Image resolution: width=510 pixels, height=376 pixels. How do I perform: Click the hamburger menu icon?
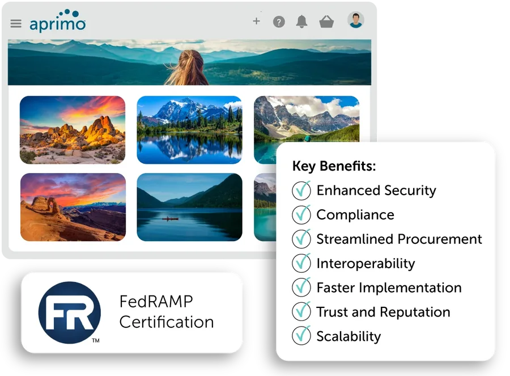(x=16, y=23)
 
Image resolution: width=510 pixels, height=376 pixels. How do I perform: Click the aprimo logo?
(x=58, y=21)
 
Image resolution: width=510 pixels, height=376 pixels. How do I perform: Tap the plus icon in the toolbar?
(x=256, y=21)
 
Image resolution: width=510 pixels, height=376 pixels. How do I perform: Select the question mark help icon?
(x=279, y=22)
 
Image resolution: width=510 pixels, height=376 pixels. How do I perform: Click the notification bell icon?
(x=301, y=22)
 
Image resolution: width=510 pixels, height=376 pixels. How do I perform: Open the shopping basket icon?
(x=326, y=22)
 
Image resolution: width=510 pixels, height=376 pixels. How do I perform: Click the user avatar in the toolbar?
(x=355, y=20)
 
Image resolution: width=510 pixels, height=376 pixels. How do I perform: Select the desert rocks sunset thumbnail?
(x=73, y=130)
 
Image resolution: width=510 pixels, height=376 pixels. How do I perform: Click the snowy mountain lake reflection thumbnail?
(x=190, y=130)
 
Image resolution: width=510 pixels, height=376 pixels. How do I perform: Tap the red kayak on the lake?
(x=170, y=219)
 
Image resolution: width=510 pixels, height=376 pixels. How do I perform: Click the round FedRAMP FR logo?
(x=70, y=312)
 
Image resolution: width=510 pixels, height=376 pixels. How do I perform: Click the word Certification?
(x=167, y=322)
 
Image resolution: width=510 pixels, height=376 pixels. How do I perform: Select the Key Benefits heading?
(x=334, y=166)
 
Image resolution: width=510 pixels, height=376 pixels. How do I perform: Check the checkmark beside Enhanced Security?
(x=301, y=190)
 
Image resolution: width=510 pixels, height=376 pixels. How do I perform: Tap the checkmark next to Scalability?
(x=301, y=335)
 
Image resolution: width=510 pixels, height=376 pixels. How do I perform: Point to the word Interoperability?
(x=365, y=263)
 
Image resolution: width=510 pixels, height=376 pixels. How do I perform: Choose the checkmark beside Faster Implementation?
(x=301, y=287)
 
